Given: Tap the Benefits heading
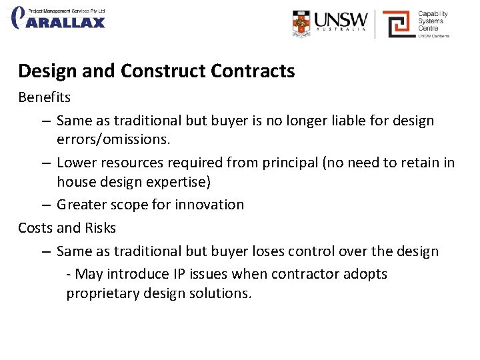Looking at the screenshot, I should point(44,97).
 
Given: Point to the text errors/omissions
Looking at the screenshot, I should point(113,140).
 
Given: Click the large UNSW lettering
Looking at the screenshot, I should point(341,19).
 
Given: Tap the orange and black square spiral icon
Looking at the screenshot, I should point(399,24).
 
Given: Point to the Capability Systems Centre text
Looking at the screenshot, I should point(433,21).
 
